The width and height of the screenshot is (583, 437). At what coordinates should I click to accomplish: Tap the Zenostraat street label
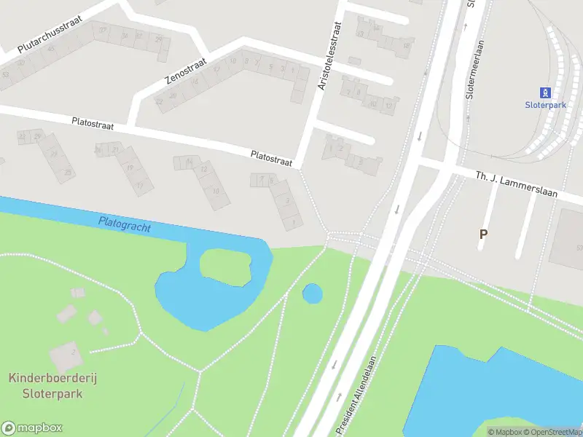[x=186, y=70]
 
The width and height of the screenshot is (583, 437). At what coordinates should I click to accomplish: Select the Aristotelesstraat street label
[x=329, y=55]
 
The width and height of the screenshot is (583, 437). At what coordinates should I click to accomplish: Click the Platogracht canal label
[x=125, y=224]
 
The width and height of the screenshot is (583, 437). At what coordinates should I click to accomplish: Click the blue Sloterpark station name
[x=545, y=105]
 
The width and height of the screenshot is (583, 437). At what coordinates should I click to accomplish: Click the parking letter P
[x=482, y=234]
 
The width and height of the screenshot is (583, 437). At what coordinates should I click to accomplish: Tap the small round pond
[x=313, y=293]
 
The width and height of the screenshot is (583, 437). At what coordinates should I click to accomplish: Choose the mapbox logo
[x=32, y=428]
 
